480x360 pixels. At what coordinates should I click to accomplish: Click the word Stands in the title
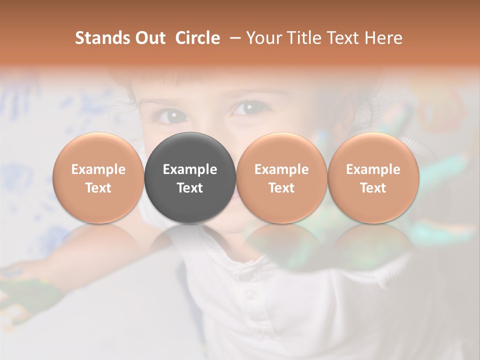[99, 38]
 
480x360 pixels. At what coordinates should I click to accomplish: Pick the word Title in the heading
[304, 38]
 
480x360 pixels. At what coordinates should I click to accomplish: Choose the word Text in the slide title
[344, 38]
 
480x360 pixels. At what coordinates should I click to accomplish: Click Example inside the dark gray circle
[190, 169]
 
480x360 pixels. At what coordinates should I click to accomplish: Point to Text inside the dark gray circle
[190, 188]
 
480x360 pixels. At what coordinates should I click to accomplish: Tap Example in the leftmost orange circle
[98, 169]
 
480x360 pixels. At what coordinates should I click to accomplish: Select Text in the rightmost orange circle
[373, 188]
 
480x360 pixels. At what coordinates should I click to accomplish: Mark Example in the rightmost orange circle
[373, 169]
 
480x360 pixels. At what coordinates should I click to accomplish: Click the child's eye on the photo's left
[169, 115]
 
